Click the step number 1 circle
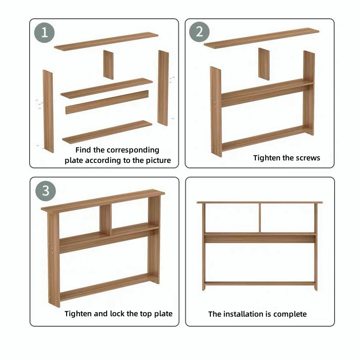44,32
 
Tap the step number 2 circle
199,32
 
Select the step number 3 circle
45,191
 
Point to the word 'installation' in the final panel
245,314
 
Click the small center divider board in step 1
108,65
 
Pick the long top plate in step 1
106,41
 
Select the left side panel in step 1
48,111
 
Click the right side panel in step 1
163,88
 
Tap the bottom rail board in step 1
107,132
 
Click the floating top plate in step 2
262,38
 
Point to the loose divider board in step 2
264,64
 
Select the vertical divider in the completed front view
260,218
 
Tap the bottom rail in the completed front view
260,283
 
